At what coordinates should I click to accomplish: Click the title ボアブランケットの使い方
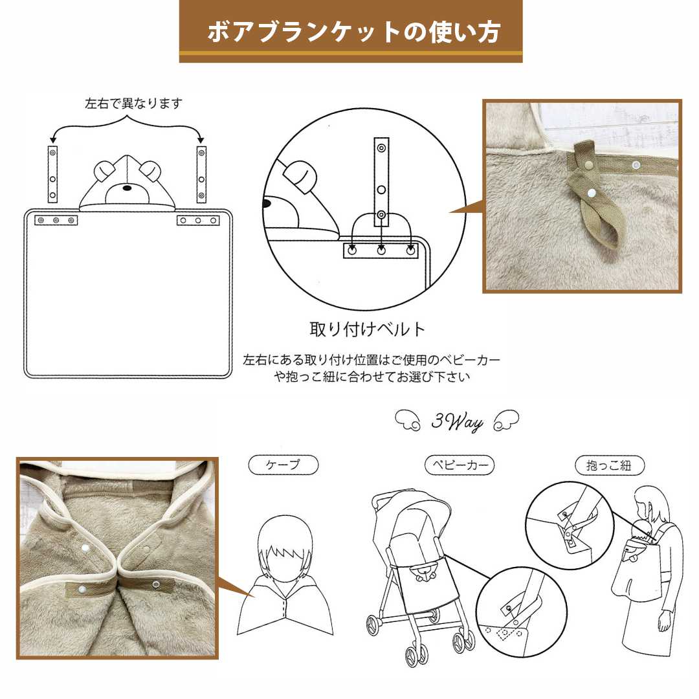(350, 32)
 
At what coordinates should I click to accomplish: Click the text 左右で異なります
(134, 104)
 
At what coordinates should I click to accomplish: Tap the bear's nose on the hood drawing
(127, 189)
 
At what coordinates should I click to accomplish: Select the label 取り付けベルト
(368, 329)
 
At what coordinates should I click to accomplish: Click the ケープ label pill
(283, 465)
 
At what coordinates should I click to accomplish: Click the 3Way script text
(457, 423)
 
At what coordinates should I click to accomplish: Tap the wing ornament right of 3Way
(506, 421)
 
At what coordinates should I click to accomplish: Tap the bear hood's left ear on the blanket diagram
(104, 172)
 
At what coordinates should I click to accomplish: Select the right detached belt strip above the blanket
(201, 173)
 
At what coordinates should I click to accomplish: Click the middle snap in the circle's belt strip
(381, 190)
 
